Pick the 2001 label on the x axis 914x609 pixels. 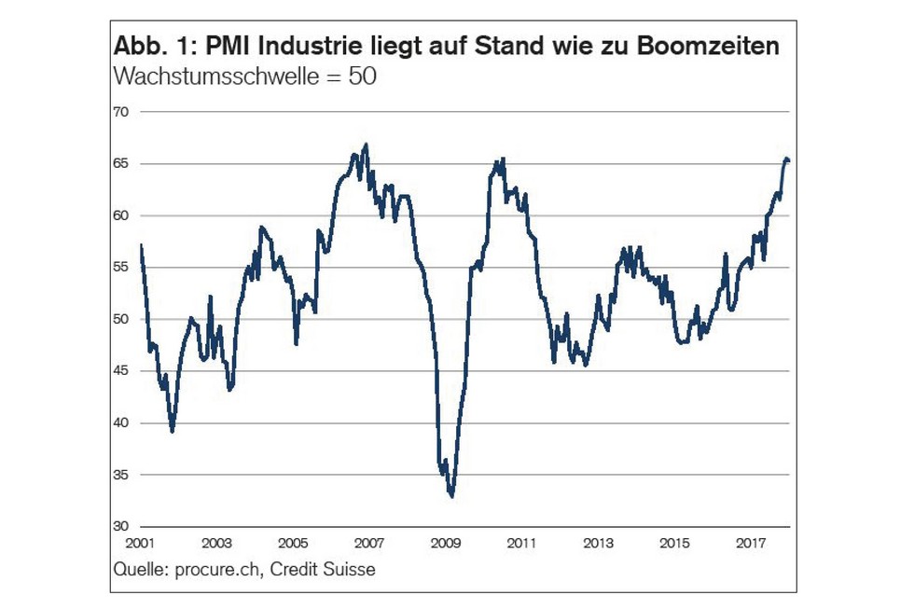140,543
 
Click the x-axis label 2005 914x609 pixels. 293,543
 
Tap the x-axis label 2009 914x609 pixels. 446,543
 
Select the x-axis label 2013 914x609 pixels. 599,543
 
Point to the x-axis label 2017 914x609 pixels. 752,543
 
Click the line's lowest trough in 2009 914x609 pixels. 451,496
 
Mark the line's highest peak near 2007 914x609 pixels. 366,145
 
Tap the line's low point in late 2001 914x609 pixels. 173,431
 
